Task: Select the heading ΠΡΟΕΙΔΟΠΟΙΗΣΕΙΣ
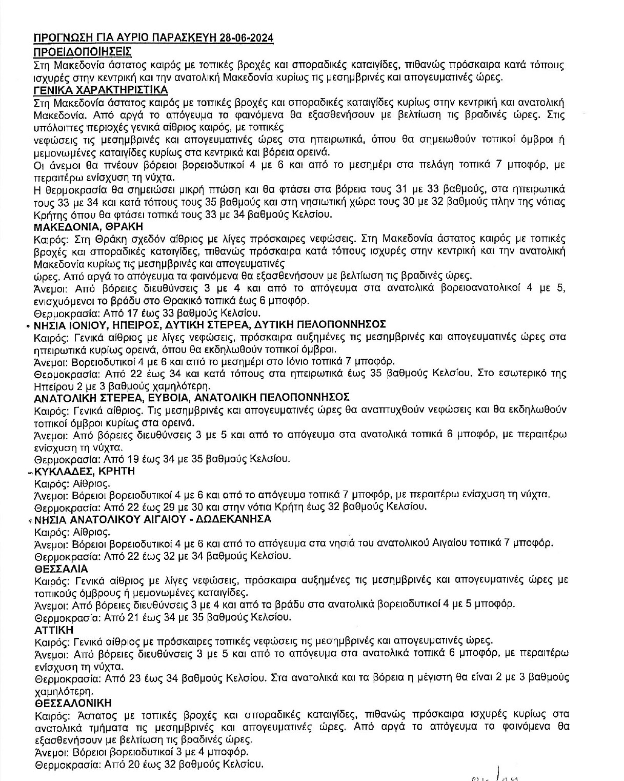pos(82,52)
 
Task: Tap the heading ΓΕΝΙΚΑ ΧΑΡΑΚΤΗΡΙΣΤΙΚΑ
pos(100,90)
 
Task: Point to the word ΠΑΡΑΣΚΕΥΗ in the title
pos(178,38)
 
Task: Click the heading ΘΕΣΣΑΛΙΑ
pos(61,569)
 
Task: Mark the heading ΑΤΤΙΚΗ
pos(54,629)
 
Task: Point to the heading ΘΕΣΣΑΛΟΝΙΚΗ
pos(73,702)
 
